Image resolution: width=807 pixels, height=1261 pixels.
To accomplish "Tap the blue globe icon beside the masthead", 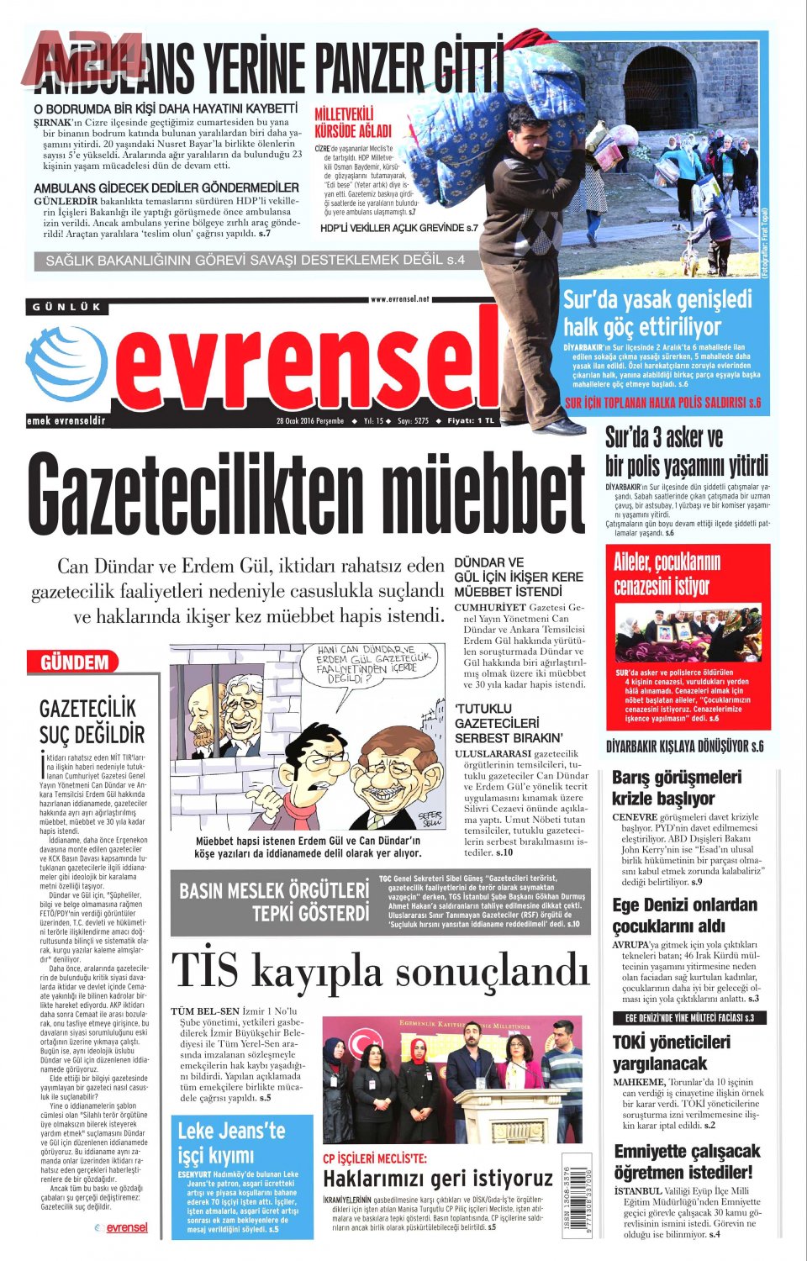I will (x=66, y=364).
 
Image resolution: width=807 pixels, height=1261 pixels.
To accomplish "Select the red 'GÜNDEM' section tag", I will (x=74, y=662).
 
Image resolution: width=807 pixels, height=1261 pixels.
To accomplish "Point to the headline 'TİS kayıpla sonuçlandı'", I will (x=380, y=972).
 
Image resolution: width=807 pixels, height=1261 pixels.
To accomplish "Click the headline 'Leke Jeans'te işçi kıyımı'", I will (x=232, y=1142).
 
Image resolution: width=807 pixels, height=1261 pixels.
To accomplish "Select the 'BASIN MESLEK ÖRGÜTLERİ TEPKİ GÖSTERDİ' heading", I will (x=274, y=902).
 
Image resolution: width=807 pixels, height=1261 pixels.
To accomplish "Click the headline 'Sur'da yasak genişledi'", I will (x=646, y=313).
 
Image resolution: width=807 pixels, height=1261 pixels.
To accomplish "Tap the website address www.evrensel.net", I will (x=399, y=298).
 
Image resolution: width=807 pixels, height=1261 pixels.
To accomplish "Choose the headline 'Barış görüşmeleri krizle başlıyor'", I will (x=678, y=788).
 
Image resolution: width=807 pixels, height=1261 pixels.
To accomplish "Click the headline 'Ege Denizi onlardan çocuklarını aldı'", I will (x=685, y=915).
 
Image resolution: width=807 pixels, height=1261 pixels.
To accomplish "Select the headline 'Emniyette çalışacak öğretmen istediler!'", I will (x=687, y=1161).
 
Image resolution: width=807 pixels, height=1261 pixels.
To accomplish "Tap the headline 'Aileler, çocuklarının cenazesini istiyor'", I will (x=662, y=573).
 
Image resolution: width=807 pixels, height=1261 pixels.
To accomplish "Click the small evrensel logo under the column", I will (x=122, y=1227).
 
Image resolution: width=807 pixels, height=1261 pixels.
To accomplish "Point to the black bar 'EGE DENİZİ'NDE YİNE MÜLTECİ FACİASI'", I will (x=689, y=1018).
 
